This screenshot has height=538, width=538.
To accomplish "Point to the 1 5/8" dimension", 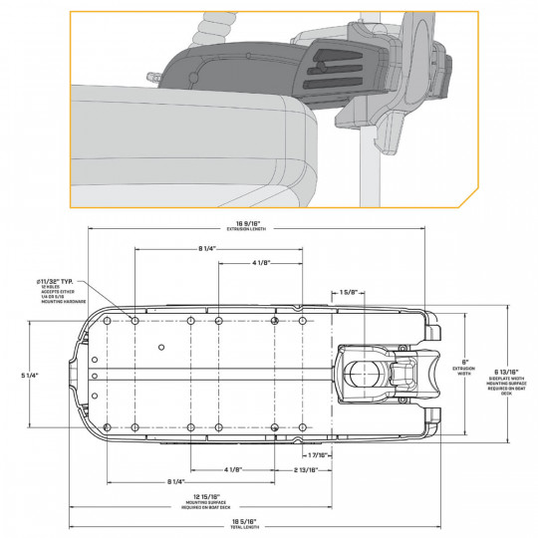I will pyautogui.click(x=349, y=292).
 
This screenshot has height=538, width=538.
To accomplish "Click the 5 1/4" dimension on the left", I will pyautogui.click(x=35, y=375).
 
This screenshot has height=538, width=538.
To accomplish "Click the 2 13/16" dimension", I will pyautogui.click(x=305, y=468).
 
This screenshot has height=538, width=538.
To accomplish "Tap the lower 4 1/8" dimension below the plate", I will pyautogui.click(x=233, y=468).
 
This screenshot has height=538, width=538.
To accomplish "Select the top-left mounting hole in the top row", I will pyautogui.click(x=134, y=321).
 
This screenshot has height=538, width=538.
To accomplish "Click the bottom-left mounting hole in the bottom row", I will pyautogui.click(x=134, y=427).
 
